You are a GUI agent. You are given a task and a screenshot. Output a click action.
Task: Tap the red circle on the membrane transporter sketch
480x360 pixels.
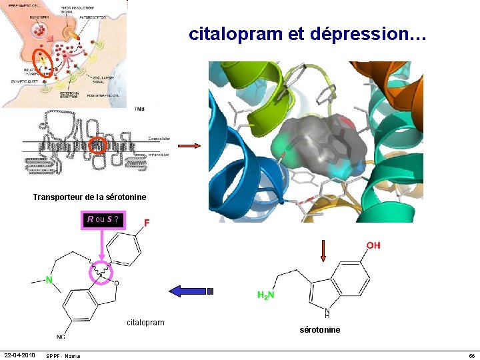coord(98,145)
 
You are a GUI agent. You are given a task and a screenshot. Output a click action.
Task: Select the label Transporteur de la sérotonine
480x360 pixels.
coord(89,197)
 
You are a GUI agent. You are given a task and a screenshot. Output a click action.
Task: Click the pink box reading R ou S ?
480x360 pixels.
coord(103,219)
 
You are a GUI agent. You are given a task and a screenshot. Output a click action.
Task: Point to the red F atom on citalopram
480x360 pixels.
coord(147,223)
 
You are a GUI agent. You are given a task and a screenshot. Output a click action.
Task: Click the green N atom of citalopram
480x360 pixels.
coord(49,280)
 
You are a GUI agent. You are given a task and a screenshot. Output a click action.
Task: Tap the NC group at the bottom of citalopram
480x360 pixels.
coord(61,337)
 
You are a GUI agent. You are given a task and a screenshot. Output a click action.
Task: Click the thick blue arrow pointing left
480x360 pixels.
coord(190,291)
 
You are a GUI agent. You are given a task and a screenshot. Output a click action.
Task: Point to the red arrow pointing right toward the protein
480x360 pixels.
coord(189,146)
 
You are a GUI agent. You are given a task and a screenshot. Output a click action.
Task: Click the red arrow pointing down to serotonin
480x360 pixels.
coord(323,250)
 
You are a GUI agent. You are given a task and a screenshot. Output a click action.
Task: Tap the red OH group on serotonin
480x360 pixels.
coord(373,246)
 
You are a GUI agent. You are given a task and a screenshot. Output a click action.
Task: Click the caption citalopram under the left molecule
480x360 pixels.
coord(145,323)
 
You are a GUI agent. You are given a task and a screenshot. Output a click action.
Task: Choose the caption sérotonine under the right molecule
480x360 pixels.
coord(320,330)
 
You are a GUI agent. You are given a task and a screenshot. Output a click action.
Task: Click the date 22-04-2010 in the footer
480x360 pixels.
coord(20,354)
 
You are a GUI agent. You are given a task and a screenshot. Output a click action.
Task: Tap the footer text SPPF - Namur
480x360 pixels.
coord(64,356)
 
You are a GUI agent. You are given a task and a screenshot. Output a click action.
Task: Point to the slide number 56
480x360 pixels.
coord(471,356)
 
